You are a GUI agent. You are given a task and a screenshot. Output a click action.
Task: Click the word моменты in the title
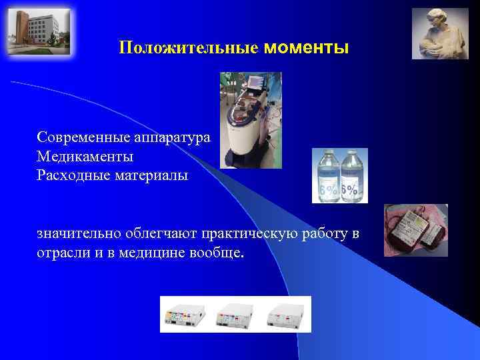pos(306,48)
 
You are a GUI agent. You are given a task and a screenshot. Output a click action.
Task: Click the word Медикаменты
pos(85,157)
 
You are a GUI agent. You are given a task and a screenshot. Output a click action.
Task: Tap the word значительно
pos(80,234)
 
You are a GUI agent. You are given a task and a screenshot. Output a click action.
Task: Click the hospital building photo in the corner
pos(38,31)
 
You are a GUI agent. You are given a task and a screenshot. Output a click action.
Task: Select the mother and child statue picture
pos(439,33)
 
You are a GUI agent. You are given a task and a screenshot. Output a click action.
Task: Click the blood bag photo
pos(415,231)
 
